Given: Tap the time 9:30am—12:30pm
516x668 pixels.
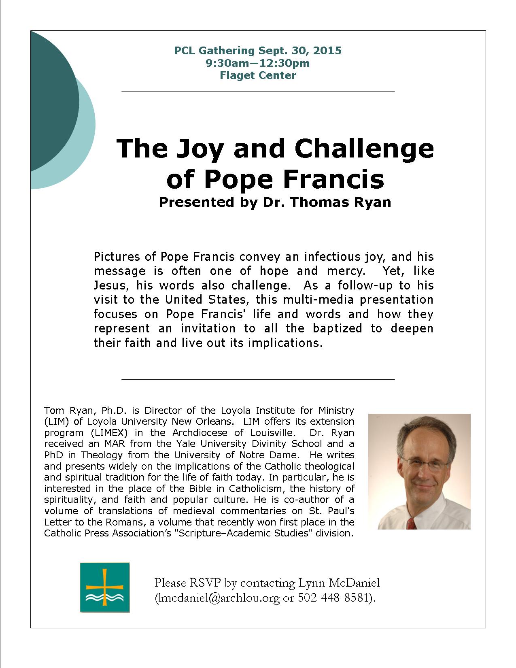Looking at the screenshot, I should (258, 63).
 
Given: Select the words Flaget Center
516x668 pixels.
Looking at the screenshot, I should (258, 75).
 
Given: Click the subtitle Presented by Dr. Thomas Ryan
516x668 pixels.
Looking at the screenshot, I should (275, 202).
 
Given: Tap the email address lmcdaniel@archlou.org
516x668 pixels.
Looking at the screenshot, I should (218, 598).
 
